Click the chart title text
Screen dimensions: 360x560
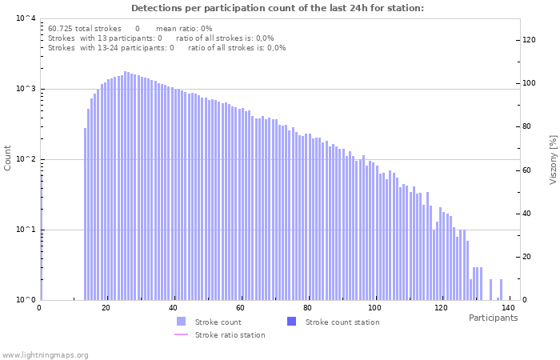tap(278, 9)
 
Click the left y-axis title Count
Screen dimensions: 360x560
tap(8, 158)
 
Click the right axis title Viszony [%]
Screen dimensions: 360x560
tap(552, 160)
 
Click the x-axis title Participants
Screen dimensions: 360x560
tap(493, 318)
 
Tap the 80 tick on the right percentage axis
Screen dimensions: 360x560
tap(528, 126)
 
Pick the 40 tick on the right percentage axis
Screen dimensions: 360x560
tap(528, 213)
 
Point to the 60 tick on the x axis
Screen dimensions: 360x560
tap(240, 307)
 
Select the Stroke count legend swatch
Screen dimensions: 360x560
tap(181, 322)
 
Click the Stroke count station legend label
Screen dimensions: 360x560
tap(342, 322)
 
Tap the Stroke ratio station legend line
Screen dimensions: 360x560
tap(181, 334)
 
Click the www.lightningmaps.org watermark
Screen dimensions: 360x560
tap(45, 354)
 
